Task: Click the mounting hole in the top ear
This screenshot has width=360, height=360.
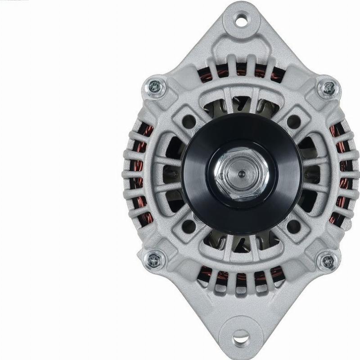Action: [242, 19]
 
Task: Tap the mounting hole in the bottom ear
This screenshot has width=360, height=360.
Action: [241, 337]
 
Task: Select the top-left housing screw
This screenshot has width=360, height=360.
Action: [155, 86]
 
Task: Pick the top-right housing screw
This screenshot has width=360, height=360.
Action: [328, 87]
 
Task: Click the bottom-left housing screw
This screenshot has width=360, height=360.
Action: [154, 260]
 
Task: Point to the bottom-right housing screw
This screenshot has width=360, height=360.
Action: [327, 261]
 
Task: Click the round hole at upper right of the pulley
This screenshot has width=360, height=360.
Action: [294, 121]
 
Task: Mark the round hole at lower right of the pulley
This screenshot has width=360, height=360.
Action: [294, 226]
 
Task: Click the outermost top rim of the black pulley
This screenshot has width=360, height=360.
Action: [242, 115]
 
